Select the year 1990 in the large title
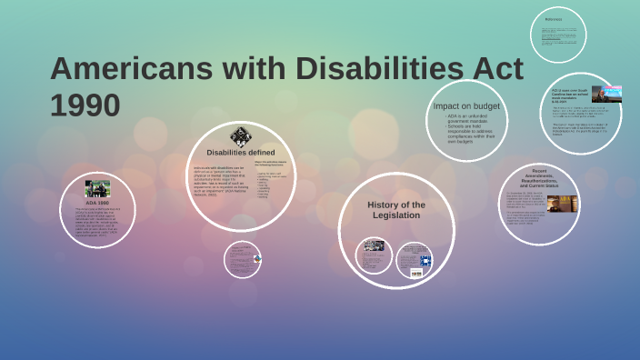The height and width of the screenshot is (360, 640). tap(85, 105)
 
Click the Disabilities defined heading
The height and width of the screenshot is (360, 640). tap(240, 152)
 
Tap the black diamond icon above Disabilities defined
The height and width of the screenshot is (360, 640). tap(240, 136)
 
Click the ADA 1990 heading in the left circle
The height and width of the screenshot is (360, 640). tap(96, 202)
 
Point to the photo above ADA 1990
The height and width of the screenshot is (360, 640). tap(97, 189)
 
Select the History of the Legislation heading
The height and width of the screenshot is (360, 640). tap(395, 210)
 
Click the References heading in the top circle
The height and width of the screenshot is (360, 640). tap(554, 19)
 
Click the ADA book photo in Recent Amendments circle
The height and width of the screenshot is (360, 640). tap(564, 202)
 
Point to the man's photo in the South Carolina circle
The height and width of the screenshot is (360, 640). tap(606, 94)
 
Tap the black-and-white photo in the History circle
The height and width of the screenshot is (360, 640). tap(375, 245)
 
